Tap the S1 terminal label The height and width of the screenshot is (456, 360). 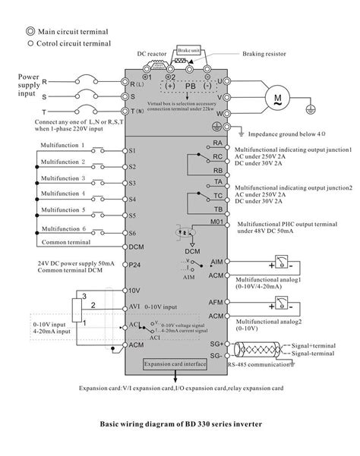pos(132,150)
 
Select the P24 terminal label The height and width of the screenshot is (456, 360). pos(134,265)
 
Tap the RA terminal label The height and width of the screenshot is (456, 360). pos(217,143)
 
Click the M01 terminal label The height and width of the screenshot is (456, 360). pos(216,222)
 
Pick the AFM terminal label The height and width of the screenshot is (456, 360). pos(216,302)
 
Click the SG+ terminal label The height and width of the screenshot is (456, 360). pos(216,344)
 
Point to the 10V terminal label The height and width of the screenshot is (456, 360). pos(134,290)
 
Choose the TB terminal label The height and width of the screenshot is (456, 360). pos(217,208)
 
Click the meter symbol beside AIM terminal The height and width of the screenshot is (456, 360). pos(282,265)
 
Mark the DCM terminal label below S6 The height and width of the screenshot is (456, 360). pos(136,247)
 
